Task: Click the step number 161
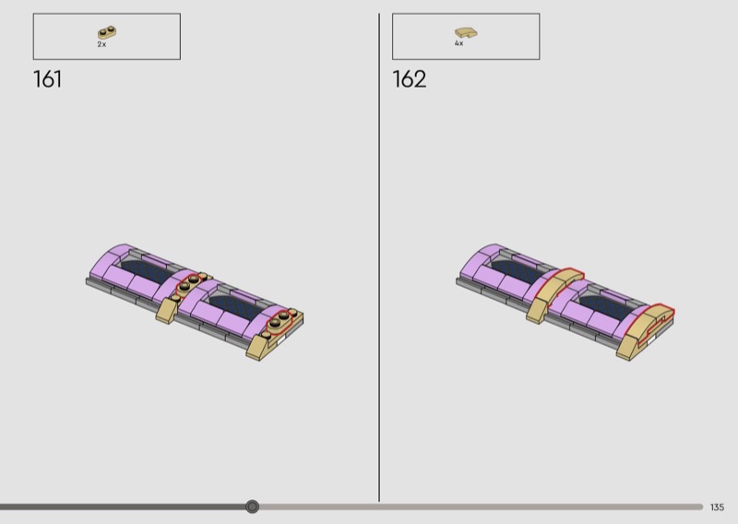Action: (x=48, y=79)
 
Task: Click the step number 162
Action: (x=409, y=79)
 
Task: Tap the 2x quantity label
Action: (x=101, y=44)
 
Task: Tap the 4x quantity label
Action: (x=458, y=43)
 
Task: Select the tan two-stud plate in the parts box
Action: (x=107, y=32)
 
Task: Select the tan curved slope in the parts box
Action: (x=466, y=32)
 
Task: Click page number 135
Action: (x=718, y=507)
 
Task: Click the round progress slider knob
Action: (x=252, y=506)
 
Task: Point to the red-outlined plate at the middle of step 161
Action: (x=189, y=284)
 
